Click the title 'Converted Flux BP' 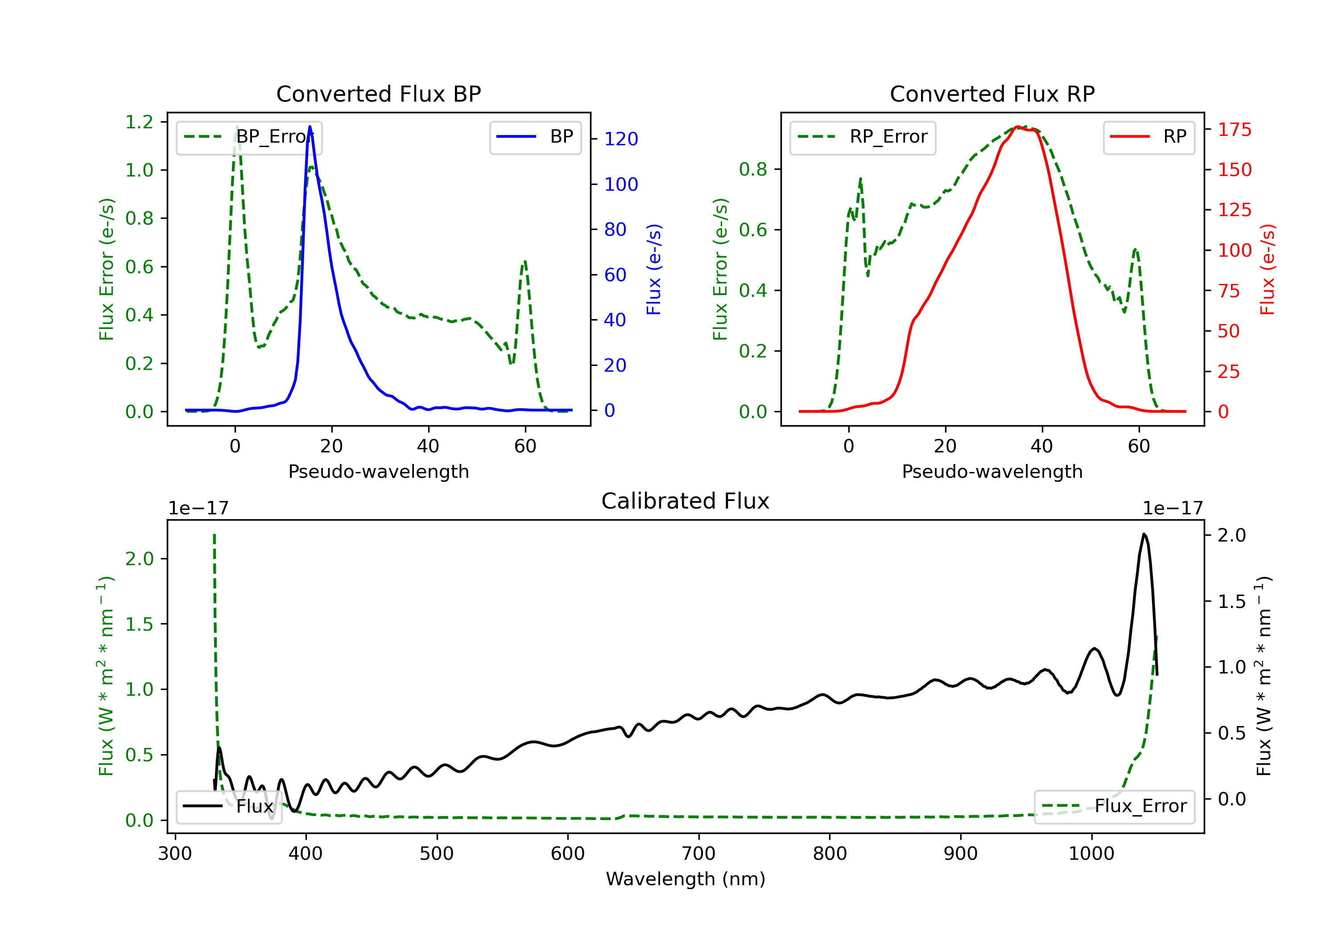tap(378, 94)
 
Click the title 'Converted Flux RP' tap(992, 94)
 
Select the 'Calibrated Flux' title tap(686, 501)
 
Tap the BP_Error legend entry tap(249, 137)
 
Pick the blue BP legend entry tap(535, 137)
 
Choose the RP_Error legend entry tap(863, 137)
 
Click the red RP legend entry tap(1148, 137)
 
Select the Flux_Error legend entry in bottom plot tap(1114, 807)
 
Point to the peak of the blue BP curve tap(310, 127)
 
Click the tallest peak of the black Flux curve tap(1144, 534)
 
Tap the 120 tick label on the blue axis tap(621, 139)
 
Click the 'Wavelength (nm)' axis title tap(686, 879)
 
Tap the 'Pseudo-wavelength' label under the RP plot tap(992, 471)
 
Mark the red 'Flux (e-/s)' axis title tap(1268, 269)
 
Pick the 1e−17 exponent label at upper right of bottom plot tap(1173, 509)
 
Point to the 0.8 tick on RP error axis tap(753, 169)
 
